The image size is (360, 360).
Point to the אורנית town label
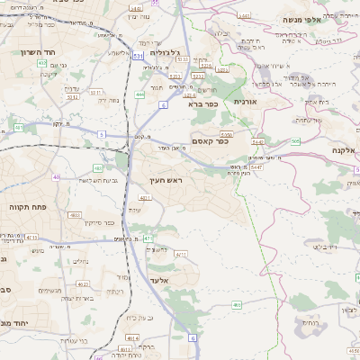[246, 102]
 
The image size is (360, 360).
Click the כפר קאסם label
[211, 139]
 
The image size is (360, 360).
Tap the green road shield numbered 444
[139, 94]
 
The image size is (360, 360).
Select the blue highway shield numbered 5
[102, 133]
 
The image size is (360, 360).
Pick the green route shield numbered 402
[97, 167]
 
